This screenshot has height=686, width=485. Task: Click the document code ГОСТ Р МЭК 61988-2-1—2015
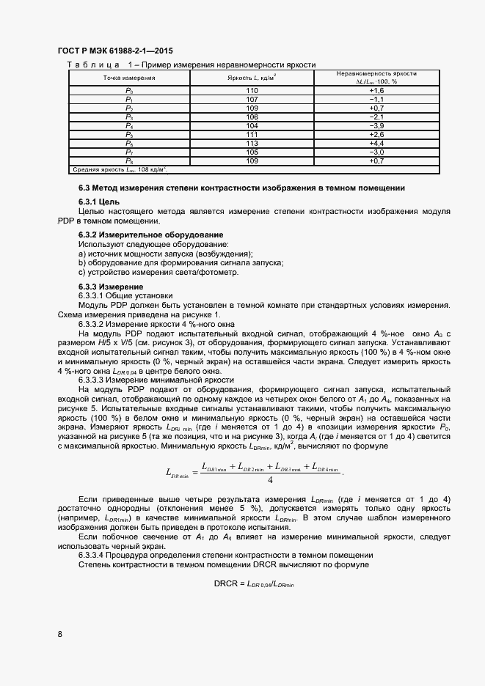pos(114,53)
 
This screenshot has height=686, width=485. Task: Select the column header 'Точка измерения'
pos(129,77)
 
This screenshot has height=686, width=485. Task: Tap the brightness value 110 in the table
pos(252,90)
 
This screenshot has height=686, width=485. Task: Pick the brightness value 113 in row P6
pos(252,144)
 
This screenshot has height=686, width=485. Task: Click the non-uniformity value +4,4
pos(376,144)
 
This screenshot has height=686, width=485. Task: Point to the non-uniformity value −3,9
pos(376,126)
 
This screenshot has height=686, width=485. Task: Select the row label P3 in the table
pos(129,117)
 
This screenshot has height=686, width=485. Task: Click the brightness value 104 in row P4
pos(252,126)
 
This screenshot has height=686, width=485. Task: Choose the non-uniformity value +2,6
pos(376,135)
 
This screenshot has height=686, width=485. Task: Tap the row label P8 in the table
pos(129,161)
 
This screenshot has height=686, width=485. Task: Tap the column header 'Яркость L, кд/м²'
pos(252,77)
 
